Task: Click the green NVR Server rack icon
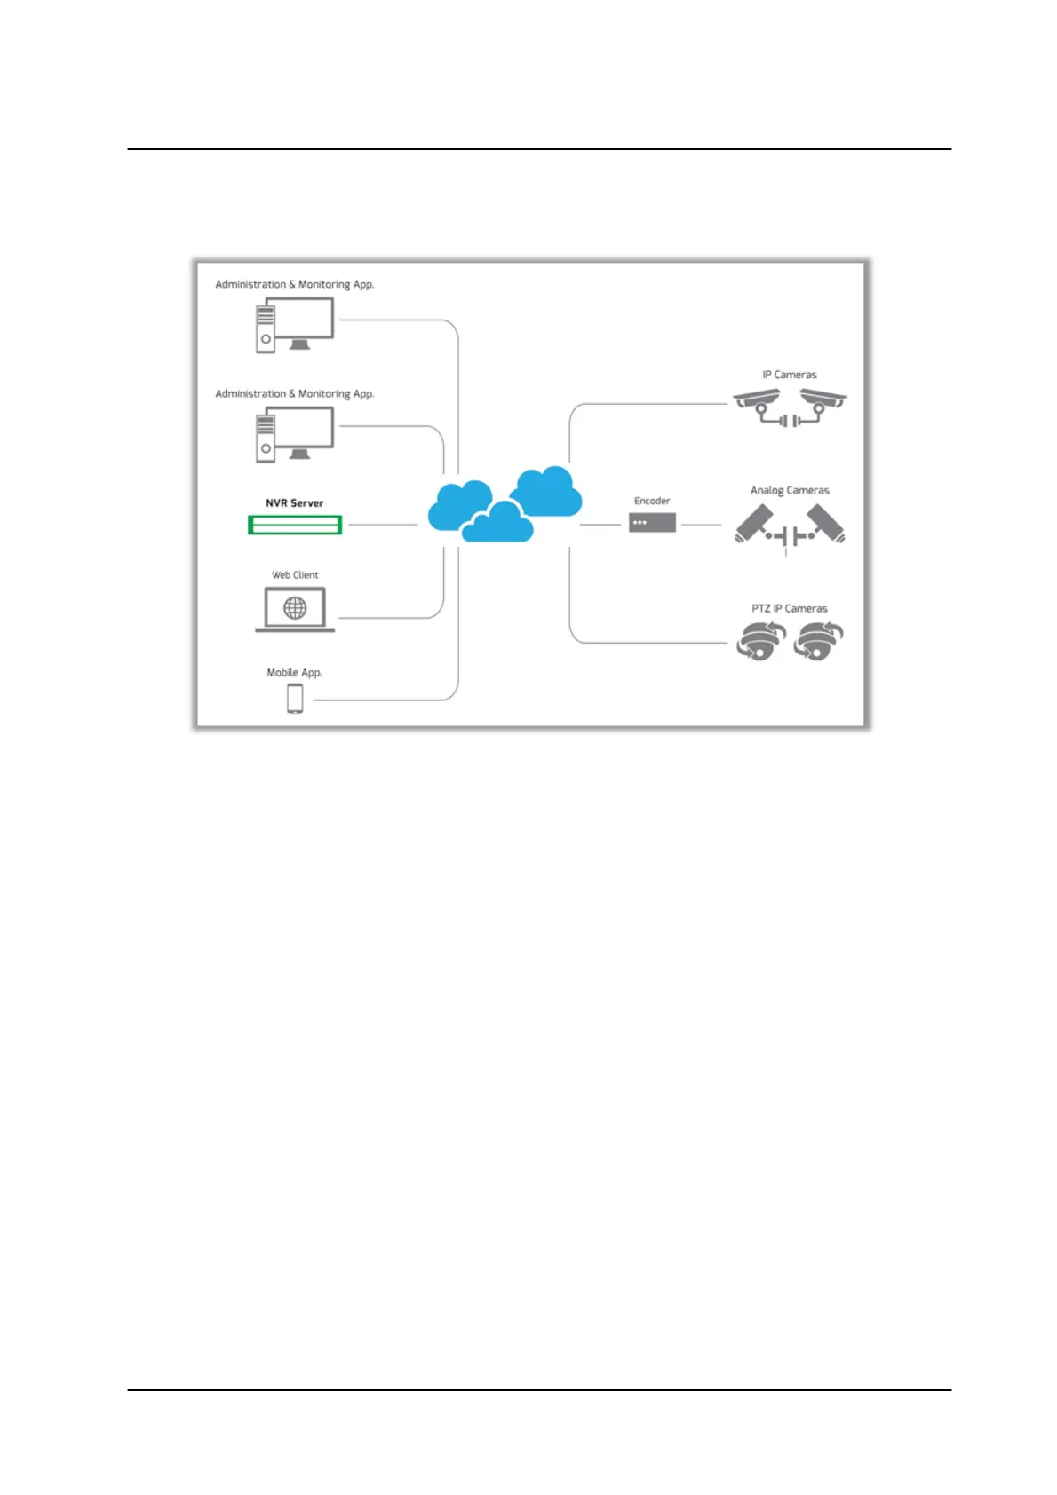(294, 525)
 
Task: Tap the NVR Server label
(294, 502)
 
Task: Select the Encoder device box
(652, 523)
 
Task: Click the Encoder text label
(652, 501)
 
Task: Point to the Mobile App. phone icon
(295, 699)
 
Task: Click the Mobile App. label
(294, 672)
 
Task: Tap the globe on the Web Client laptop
(295, 607)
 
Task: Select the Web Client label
(294, 574)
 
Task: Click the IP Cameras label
(789, 375)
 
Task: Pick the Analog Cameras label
(789, 490)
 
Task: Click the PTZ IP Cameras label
(789, 608)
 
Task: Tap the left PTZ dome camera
(760, 641)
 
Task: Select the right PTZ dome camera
(819, 641)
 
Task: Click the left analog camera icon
(755, 523)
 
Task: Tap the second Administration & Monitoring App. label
(294, 393)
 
